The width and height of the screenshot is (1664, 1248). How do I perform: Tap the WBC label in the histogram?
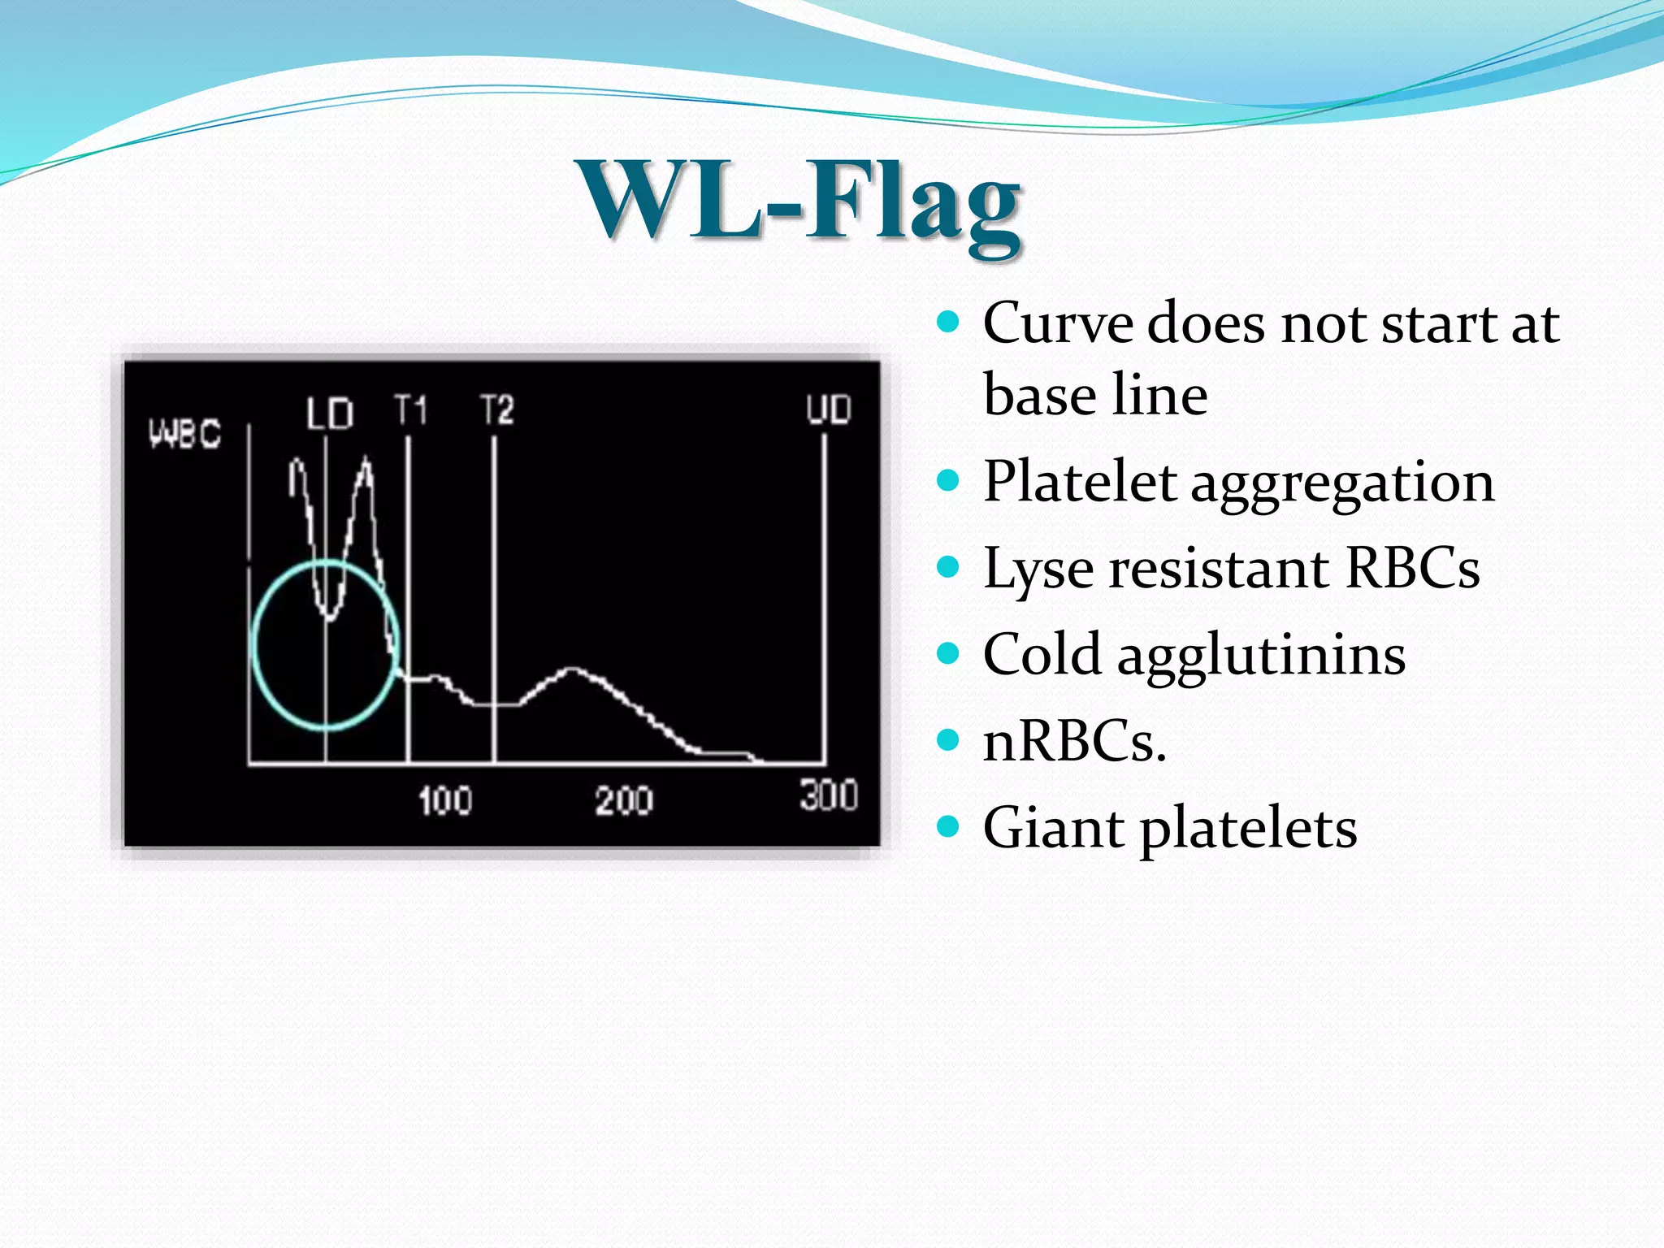click(x=184, y=433)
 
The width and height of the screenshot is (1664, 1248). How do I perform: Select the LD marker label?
click(x=330, y=414)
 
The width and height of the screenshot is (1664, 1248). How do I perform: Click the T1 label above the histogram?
click(x=410, y=409)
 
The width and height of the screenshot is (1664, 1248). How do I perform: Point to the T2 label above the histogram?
click(x=496, y=409)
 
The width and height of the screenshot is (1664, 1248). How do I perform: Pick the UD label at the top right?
click(x=828, y=409)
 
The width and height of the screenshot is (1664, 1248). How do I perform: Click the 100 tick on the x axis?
click(x=444, y=800)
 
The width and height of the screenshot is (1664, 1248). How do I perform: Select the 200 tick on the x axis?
click(x=623, y=800)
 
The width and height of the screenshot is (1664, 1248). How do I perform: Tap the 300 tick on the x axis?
click(x=828, y=795)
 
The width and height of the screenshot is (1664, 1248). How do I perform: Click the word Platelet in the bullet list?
click(x=1079, y=481)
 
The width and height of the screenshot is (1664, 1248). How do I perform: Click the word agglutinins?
click(x=1261, y=655)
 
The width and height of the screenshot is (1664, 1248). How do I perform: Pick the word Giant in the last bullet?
click(x=1053, y=828)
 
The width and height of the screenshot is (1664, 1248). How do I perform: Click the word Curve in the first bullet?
click(x=1057, y=323)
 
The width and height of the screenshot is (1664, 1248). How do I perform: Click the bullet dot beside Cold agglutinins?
click(x=947, y=652)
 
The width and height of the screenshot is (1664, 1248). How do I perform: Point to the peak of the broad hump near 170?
click(x=574, y=669)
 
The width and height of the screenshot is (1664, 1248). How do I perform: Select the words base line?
click(x=1094, y=396)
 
